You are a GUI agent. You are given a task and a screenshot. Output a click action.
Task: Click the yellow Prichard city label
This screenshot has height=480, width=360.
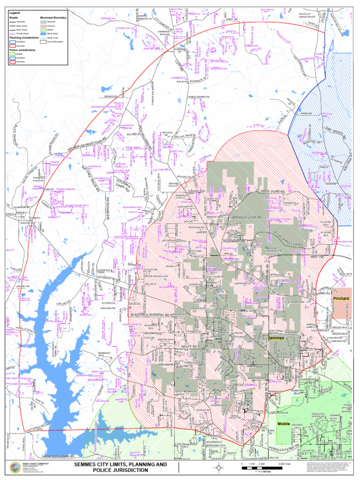pyautogui.click(x=341, y=299)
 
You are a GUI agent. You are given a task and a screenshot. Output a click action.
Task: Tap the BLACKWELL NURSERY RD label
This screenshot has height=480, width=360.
pyautogui.click(x=150, y=315)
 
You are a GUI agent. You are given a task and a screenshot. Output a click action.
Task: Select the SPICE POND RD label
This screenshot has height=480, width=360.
pyautogui.click(x=273, y=192)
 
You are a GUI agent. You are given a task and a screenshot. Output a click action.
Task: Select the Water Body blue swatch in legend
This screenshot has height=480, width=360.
pyautogui.click(x=44, y=34)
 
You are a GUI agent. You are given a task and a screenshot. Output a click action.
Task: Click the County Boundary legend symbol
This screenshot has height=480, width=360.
pyautogui.click(x=44, y=42)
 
